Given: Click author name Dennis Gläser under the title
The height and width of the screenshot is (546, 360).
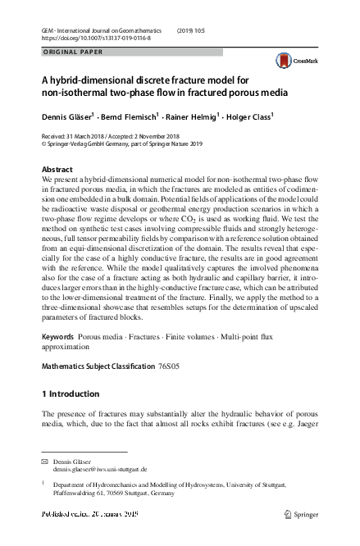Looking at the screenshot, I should click(69, 116).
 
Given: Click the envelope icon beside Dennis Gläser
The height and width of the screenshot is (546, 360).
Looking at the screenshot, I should click(45, 462).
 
